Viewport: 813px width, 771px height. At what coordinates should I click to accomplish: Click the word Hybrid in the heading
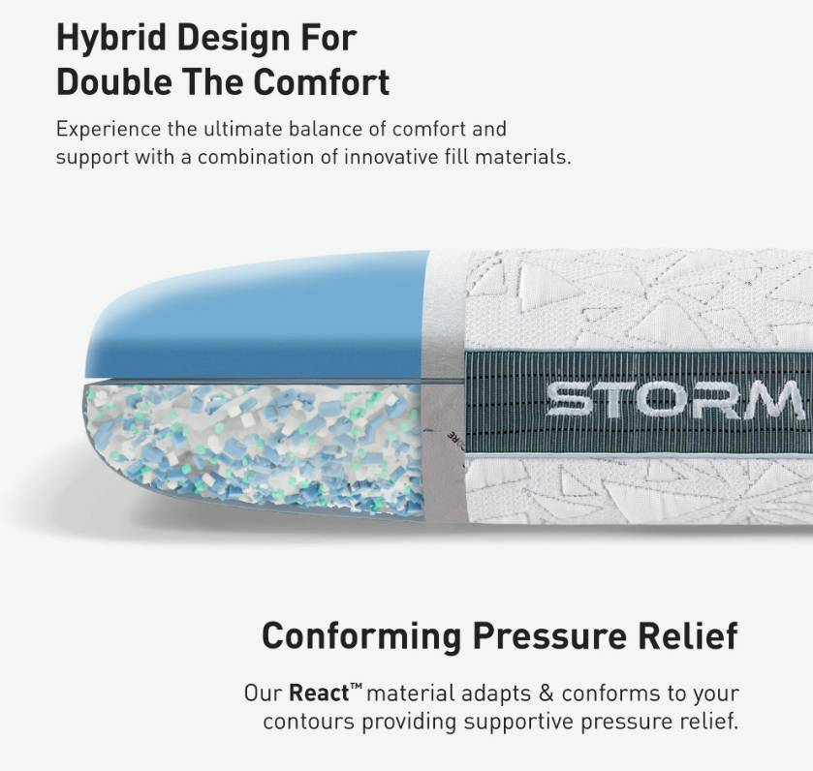click(111, 39)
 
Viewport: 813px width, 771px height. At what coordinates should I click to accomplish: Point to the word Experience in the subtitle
click(108, 130)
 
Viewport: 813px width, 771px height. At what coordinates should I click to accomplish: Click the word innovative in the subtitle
click(391, 157)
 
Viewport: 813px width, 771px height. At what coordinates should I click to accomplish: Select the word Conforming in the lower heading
click(361, 636)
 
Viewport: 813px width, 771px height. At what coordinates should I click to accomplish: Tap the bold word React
click(319, 694)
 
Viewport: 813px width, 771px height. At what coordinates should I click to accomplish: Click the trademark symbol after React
click(356, 688)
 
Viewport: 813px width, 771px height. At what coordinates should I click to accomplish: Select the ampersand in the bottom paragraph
click(546, 694)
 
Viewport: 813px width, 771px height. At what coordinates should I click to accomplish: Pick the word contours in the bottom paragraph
click(309, 722)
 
